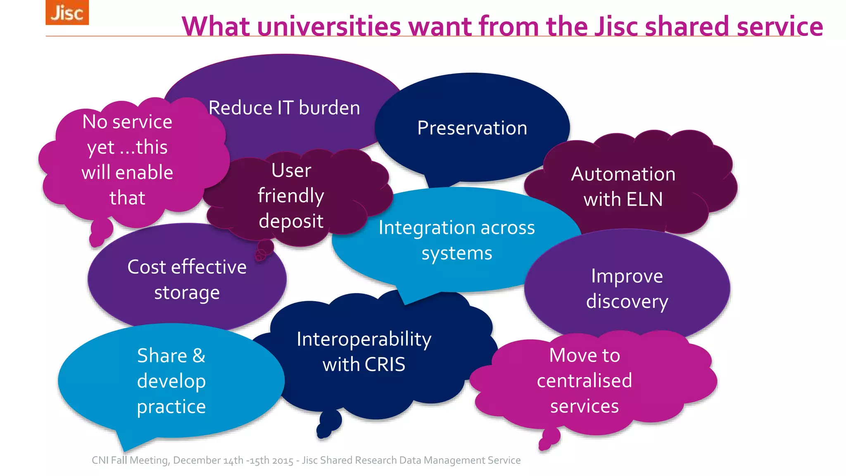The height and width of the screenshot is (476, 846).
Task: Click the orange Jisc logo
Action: (67, 12)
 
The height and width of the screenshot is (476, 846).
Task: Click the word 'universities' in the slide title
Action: (329, 26)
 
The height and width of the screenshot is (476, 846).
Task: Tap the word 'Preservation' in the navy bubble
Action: (472, 128)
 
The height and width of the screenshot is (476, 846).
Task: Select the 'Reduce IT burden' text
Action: (284, 108)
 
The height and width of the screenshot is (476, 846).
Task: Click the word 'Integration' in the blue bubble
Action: (422, 228)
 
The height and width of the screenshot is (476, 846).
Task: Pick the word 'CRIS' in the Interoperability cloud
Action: (385, 364)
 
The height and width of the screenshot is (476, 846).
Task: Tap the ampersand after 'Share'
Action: (199, 356)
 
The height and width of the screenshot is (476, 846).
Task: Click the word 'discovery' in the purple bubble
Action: (627, 302)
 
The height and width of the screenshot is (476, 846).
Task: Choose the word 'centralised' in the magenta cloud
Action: (585, 381)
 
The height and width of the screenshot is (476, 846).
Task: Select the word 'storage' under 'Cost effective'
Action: (187, 293)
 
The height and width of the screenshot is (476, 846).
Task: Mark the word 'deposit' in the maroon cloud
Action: (291, 221)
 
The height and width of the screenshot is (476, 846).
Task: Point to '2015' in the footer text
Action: (282, 460)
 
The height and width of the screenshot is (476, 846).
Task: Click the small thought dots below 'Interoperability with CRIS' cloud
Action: (328, 425)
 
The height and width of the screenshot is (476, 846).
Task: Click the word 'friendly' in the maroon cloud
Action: (291, 196)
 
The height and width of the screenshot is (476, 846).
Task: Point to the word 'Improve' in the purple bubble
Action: (627, 276)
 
